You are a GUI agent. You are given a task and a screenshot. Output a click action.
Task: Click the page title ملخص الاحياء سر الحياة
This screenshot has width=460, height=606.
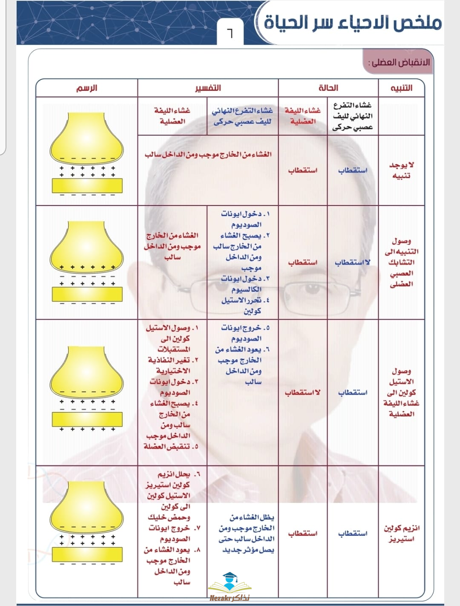point(352,22)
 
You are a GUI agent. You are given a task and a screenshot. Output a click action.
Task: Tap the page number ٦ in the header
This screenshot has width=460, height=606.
point(230,33)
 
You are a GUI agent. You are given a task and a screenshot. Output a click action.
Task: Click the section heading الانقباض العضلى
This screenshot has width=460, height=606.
point(400,63)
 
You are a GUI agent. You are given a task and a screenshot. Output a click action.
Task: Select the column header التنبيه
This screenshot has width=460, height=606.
point(401,88)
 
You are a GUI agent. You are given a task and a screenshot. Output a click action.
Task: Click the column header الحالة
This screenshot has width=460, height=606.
point(328,88)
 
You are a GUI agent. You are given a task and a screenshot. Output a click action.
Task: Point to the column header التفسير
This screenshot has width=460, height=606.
point(208,88)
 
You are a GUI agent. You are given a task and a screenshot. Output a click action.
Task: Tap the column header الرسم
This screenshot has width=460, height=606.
point(86,88)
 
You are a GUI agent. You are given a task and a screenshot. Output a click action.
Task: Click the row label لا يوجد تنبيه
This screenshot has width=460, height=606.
point(401,170)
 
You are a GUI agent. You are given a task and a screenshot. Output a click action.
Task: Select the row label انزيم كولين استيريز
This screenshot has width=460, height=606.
point(401,533)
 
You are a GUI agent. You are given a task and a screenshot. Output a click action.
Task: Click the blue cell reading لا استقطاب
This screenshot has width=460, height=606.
point(352,262)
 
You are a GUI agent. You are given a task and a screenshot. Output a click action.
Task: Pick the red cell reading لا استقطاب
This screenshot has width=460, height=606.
point(302,392)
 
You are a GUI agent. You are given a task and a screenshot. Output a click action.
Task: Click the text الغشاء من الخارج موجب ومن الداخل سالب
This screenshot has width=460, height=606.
point(208,154)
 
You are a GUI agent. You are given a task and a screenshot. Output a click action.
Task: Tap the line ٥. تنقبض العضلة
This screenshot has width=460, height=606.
point(171,447)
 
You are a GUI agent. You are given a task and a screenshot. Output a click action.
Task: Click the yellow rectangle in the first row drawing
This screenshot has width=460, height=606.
point(87,185)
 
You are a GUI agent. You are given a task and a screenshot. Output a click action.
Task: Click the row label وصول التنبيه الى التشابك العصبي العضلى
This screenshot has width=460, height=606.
point(401,262)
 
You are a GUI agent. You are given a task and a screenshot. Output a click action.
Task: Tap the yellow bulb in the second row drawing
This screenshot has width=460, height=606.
point(87,245)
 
